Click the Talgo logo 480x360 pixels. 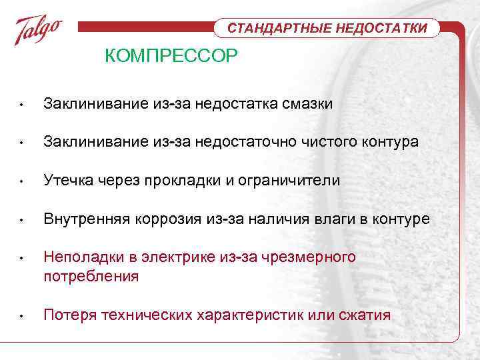pyautogui.click(x=39, y=31)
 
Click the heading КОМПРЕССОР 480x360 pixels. pyautogui.click(x=171, y=57)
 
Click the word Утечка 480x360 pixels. pyautogui.click(x=67, y=181)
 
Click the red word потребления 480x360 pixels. pyautogui.click(x=91, y=276)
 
